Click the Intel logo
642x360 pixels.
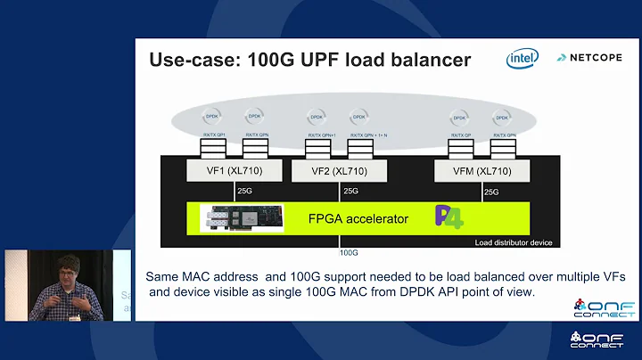tap(523, 59)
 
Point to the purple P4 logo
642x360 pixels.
tap(446, 217)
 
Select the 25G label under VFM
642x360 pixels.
tap(491, 192)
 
